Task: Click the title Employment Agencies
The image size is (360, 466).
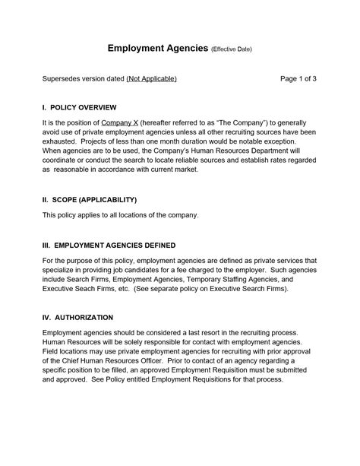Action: coord(157,49)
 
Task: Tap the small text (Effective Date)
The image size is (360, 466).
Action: coord(231,50)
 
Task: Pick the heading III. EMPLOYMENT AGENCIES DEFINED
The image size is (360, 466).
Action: coord(109,246)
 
